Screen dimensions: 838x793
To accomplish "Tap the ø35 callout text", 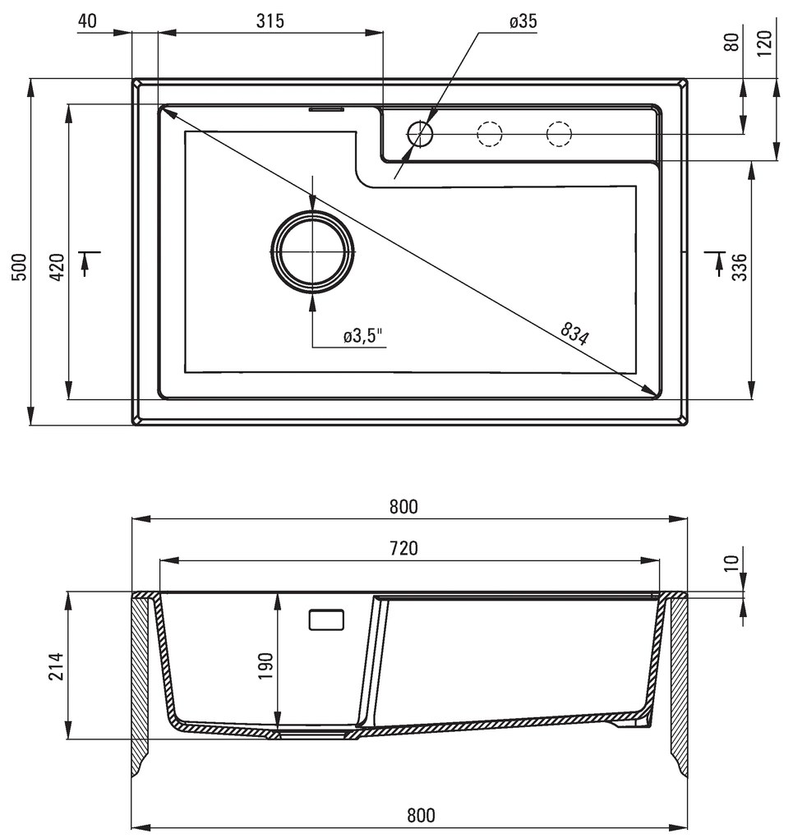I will click(523, 22).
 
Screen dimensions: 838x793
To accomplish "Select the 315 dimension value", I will click(270, 22).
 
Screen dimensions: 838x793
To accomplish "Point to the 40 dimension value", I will click(88, 22).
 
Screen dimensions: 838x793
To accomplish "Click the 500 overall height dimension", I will click(20, 267).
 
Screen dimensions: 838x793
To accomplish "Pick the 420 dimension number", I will click(58, 267).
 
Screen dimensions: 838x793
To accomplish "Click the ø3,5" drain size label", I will click(363, 336).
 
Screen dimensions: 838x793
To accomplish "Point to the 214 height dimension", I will click(57, 665).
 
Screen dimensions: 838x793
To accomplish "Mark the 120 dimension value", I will click(765, 41).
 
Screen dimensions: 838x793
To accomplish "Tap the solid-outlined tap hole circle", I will click(420, 133).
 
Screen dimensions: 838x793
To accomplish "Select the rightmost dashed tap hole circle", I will click(559, 133).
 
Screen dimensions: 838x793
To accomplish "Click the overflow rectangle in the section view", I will click(328, 619).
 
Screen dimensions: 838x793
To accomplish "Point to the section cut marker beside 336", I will click(712, 260).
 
